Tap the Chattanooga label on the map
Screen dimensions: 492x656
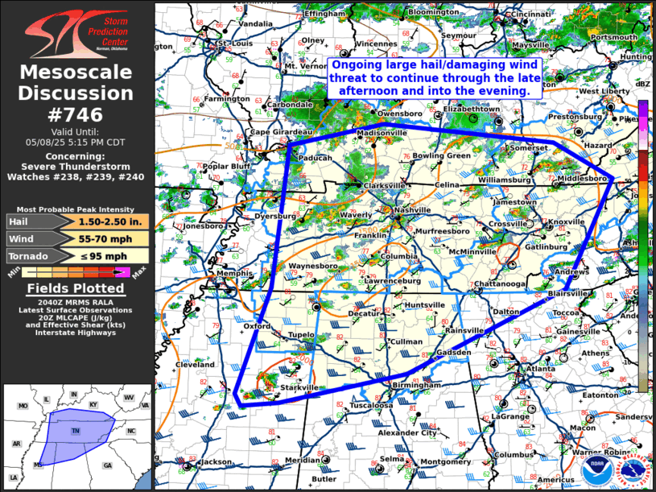tap(500, 284)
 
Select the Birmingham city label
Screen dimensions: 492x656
tap(415, 386)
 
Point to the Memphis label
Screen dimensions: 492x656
tap(235, 274)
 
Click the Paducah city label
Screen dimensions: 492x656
tap(316, 159)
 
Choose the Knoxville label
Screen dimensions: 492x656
tap(567, 221)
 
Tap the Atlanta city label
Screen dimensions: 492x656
tap(541, 369)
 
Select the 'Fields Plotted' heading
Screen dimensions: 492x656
tap(76, 288)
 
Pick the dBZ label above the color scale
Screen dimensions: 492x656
tap(643, 84)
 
